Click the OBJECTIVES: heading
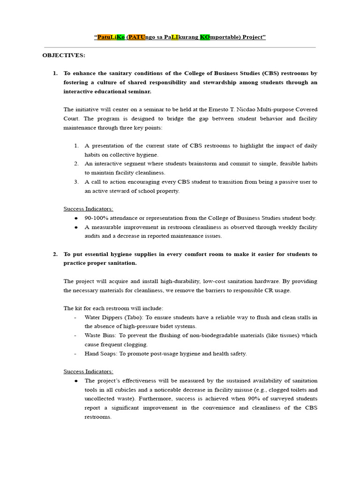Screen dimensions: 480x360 coord(64,55)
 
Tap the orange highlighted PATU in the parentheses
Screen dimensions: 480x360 coord(135,37)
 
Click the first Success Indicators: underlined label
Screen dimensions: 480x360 coord(88,209)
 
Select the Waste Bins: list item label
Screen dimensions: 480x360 coord(100,336)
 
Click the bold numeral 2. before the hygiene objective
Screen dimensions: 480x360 coord(55,254)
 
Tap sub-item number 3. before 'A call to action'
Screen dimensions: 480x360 coord(76,182)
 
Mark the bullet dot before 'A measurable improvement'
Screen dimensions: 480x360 coord(76,227)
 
